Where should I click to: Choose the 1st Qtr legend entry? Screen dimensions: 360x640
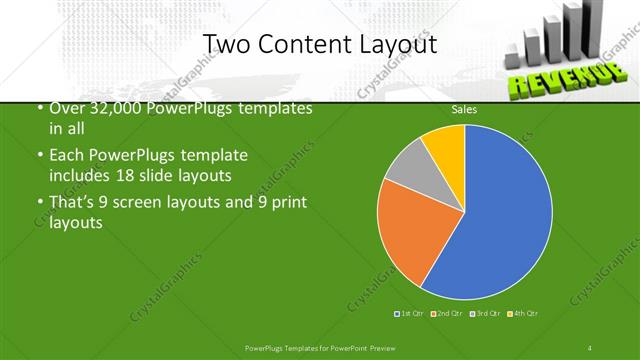click(411, 314)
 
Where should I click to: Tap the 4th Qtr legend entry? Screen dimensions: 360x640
click(524, 314)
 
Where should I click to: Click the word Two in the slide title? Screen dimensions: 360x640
click(225, 44)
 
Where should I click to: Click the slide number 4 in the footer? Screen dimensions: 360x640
click(591, 347)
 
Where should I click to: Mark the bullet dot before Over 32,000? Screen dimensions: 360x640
click(39, 108)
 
